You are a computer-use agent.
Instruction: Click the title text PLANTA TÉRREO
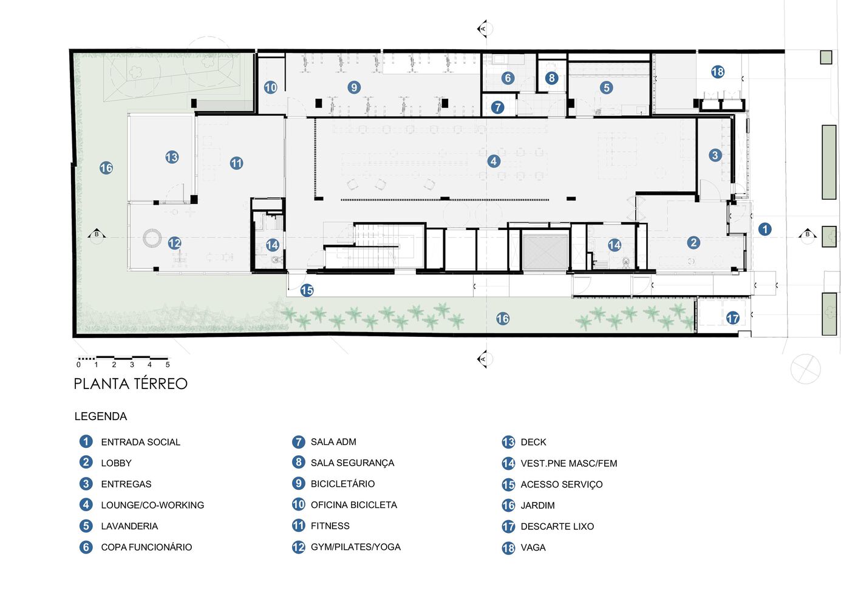pyautogui.click(x=131, y=384)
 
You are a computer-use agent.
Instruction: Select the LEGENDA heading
pyautogui.click(x=101, y=416)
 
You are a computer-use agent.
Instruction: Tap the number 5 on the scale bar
pyautogui.click(x=168, y=365)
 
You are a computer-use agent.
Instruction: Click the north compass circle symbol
pyautogui.click(x=805, y=369)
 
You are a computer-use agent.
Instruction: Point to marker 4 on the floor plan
pyautogui.click(x=494, y=161)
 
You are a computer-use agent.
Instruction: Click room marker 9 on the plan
pyautogui.click(x=354, y=87)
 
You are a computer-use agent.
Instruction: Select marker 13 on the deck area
pyautogui.click(x=172, y=157)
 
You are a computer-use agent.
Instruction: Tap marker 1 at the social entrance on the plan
pyautogui.click(x=765, y=229)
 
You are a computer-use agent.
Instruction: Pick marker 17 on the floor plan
pyautogui.click(x=733, y=318)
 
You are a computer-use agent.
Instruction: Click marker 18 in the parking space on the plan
pyautogui.click(x=718, y=72)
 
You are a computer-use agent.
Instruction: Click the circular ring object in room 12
pyautogui.click(x=152, y=237)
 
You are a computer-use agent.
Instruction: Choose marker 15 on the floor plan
pyautogui.click(x=307, y=291)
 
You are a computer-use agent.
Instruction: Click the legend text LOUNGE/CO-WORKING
pyautogui.click(x=152, y=505)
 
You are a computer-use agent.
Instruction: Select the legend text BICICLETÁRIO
pyautogui.click(x=342, y=484)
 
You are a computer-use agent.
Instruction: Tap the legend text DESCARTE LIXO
pyautogui.click(x=557, y=526)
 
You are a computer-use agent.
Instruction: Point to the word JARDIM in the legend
pyautogui.click(x=537, y=505)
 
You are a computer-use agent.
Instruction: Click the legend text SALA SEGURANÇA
pyautogui.click(x=352, y=463)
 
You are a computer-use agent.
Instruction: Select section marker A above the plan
pyautogui.click(x=483, y=29)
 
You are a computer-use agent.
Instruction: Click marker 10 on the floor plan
pyautogui.click(x=271, y=87)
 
